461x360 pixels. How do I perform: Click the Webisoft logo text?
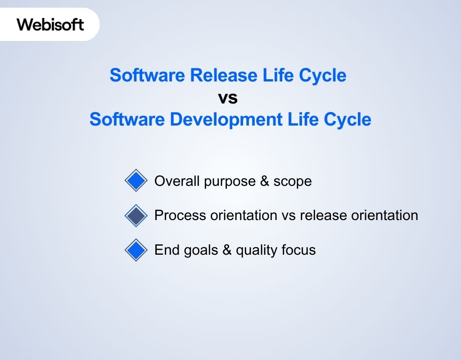tap(50, 24)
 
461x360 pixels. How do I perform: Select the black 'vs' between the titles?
tap(228, 98)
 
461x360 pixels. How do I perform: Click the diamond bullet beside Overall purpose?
tap(136, 181)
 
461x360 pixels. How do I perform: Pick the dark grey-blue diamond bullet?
tap(136, 216)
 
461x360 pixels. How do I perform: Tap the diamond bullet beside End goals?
tap(136, 250)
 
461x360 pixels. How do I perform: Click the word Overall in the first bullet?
tap(176, 181)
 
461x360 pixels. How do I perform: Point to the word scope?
tap(293, 181)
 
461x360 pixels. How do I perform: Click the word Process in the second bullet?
tap(180, 216)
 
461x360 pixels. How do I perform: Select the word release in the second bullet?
tap(323, 216)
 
